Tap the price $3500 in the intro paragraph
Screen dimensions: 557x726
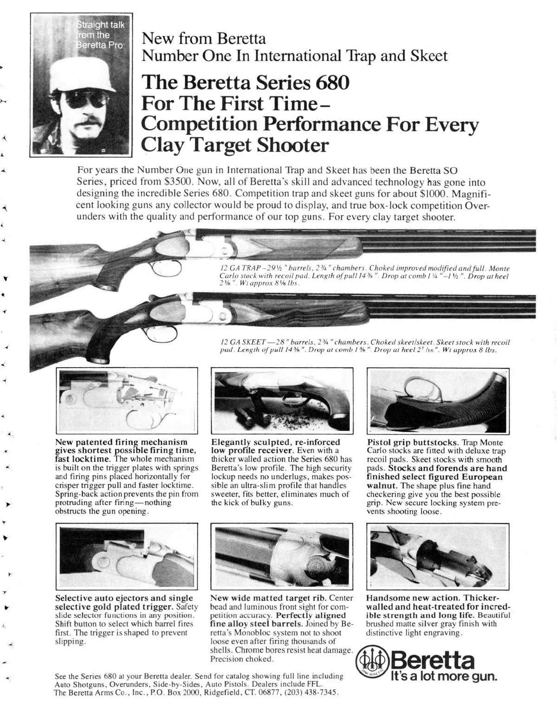tap(179, 182)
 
